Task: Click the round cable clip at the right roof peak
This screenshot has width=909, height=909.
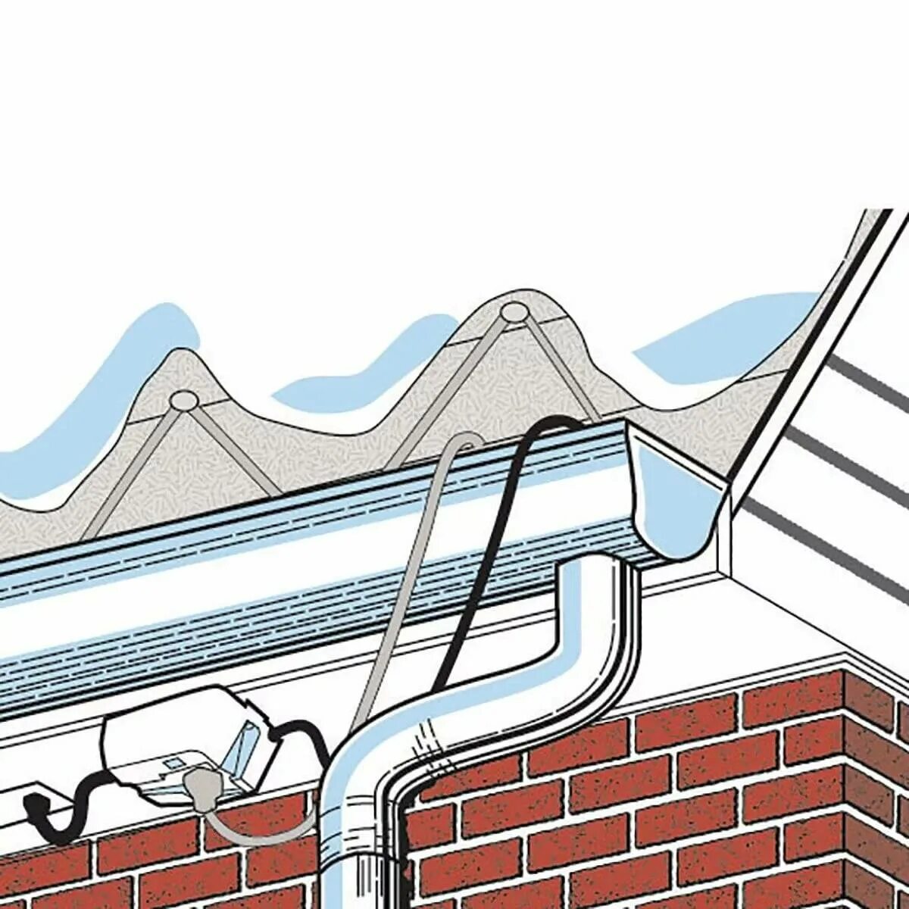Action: click(514, 311)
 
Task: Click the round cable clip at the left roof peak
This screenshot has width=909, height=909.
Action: click(183, 399)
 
